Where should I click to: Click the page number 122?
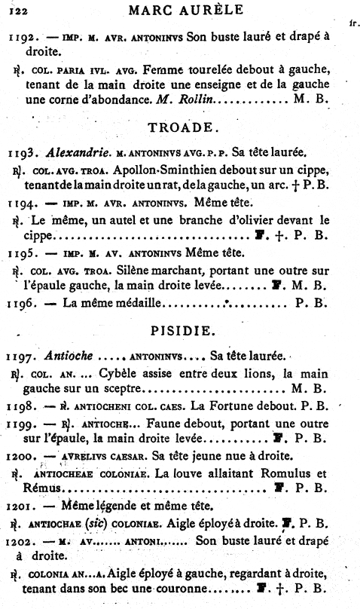point(17,11)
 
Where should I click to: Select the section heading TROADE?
point(185,127)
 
